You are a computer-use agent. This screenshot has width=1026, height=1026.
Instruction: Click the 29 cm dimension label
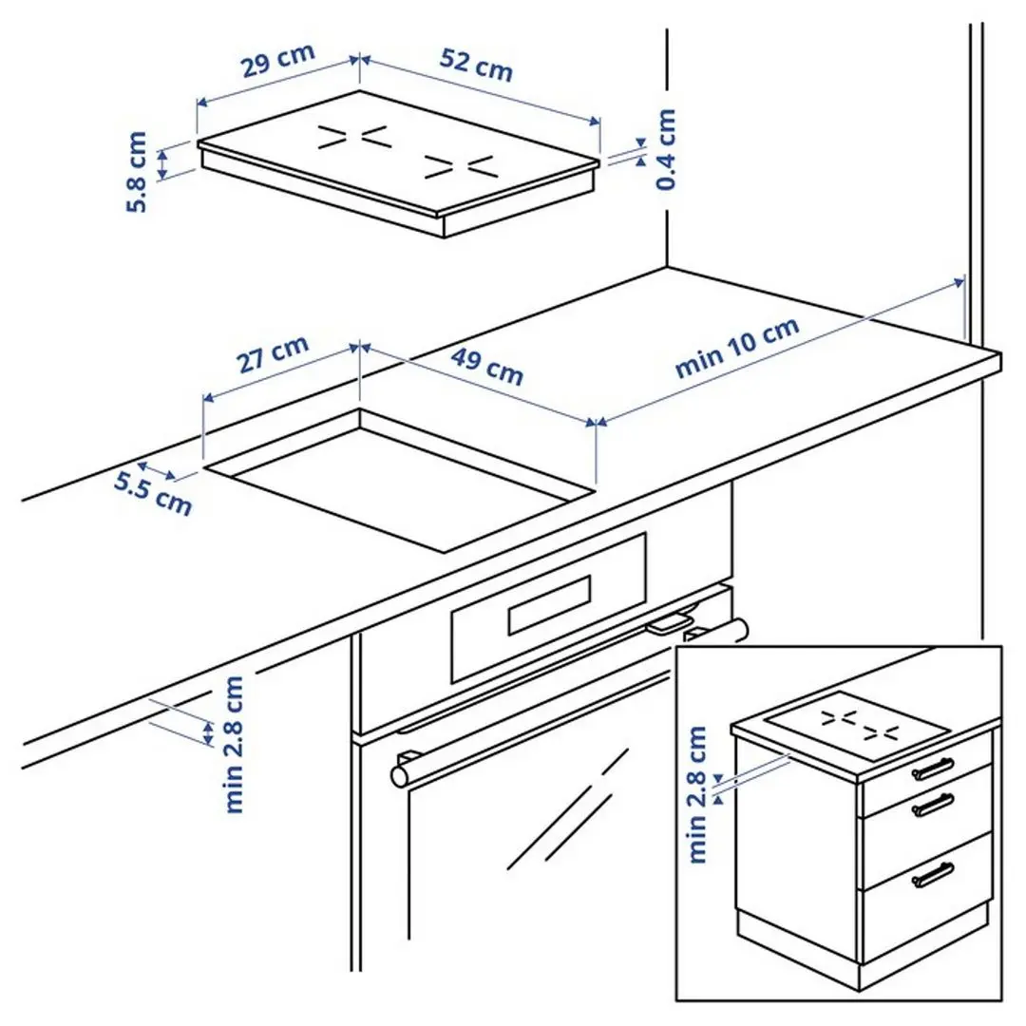pos(276,63)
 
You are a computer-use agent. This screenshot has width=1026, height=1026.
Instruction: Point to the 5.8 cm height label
pos(137,172)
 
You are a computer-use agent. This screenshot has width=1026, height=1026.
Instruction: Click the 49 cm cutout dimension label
pos(487,367)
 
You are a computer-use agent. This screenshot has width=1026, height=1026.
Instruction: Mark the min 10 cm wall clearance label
pos(737,349)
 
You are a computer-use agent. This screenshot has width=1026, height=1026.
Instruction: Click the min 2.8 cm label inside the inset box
pos(698,794)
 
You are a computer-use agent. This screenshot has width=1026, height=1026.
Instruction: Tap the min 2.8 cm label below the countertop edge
pos(234,744)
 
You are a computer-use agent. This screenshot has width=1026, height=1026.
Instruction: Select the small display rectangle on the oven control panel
pos(550,604)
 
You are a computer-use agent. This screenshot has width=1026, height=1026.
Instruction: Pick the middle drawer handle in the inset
pos(933,806)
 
